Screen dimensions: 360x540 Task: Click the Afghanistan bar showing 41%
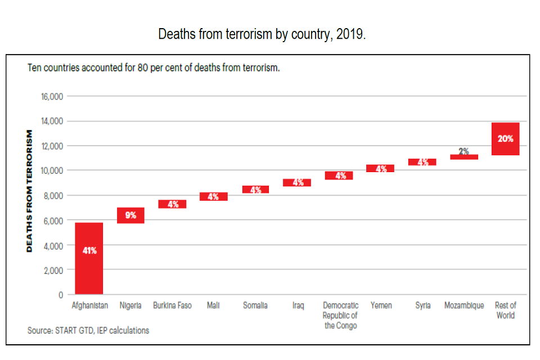point(89,258)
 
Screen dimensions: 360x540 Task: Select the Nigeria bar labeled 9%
point(130,215)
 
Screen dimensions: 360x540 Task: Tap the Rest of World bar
point(505,139)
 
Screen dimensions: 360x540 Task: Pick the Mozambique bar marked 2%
point(464,157)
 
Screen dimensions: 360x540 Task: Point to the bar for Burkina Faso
point(172,204)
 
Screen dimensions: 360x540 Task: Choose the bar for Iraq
point(297,182)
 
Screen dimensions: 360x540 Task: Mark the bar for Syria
point(422,162)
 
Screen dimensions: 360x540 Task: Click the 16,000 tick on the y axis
point(52,96)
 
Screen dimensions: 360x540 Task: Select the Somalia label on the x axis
point(255,305)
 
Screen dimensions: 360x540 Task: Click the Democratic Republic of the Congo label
point(340,316)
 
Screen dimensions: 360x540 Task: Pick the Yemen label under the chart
point(381,305)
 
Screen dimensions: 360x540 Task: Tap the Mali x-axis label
point(213,305)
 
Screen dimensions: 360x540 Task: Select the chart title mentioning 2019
point(262,34)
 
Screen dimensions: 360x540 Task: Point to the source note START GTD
point(88,331)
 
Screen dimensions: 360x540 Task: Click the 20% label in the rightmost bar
point(505,138)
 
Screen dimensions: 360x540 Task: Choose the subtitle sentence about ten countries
point(154,68)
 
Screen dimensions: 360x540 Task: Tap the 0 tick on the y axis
point(61,295)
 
